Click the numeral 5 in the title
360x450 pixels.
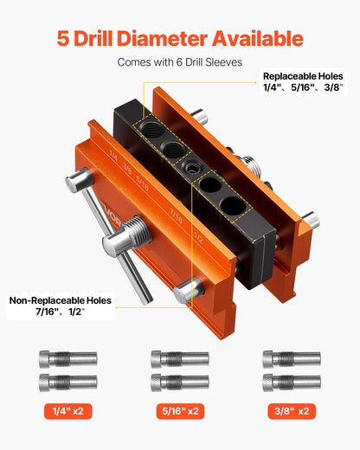tap(63, 39)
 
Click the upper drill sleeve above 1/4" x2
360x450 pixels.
tap(68, 358)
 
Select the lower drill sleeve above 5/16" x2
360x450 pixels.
tap(179, 381)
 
